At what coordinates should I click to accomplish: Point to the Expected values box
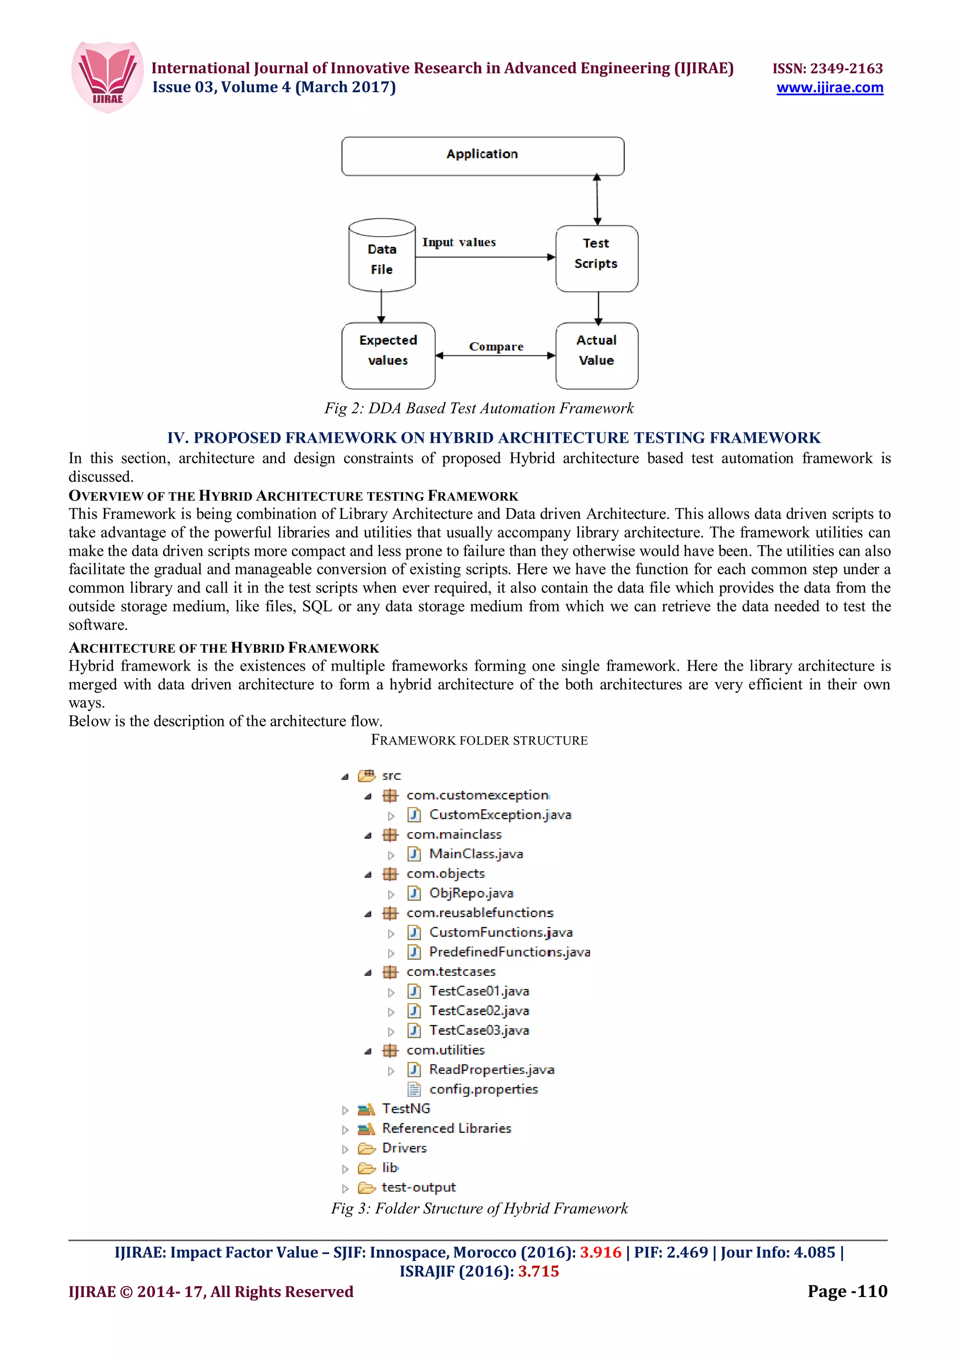[388, 355]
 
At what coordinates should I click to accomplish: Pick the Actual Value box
[596, 355]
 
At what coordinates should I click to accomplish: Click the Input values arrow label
[459, 243]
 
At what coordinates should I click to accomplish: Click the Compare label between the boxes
[496, 347]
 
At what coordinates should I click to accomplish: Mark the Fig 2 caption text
[479, 408]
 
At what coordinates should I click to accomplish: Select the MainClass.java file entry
[476, 854]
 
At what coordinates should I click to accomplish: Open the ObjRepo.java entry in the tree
[471, 892]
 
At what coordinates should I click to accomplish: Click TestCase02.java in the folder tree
[479, 1010]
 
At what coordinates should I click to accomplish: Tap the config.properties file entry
[483, 1089]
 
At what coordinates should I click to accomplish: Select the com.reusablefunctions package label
[480, 913]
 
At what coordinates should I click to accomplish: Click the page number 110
[872, 1291]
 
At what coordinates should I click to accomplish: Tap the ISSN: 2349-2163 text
[827, 68]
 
